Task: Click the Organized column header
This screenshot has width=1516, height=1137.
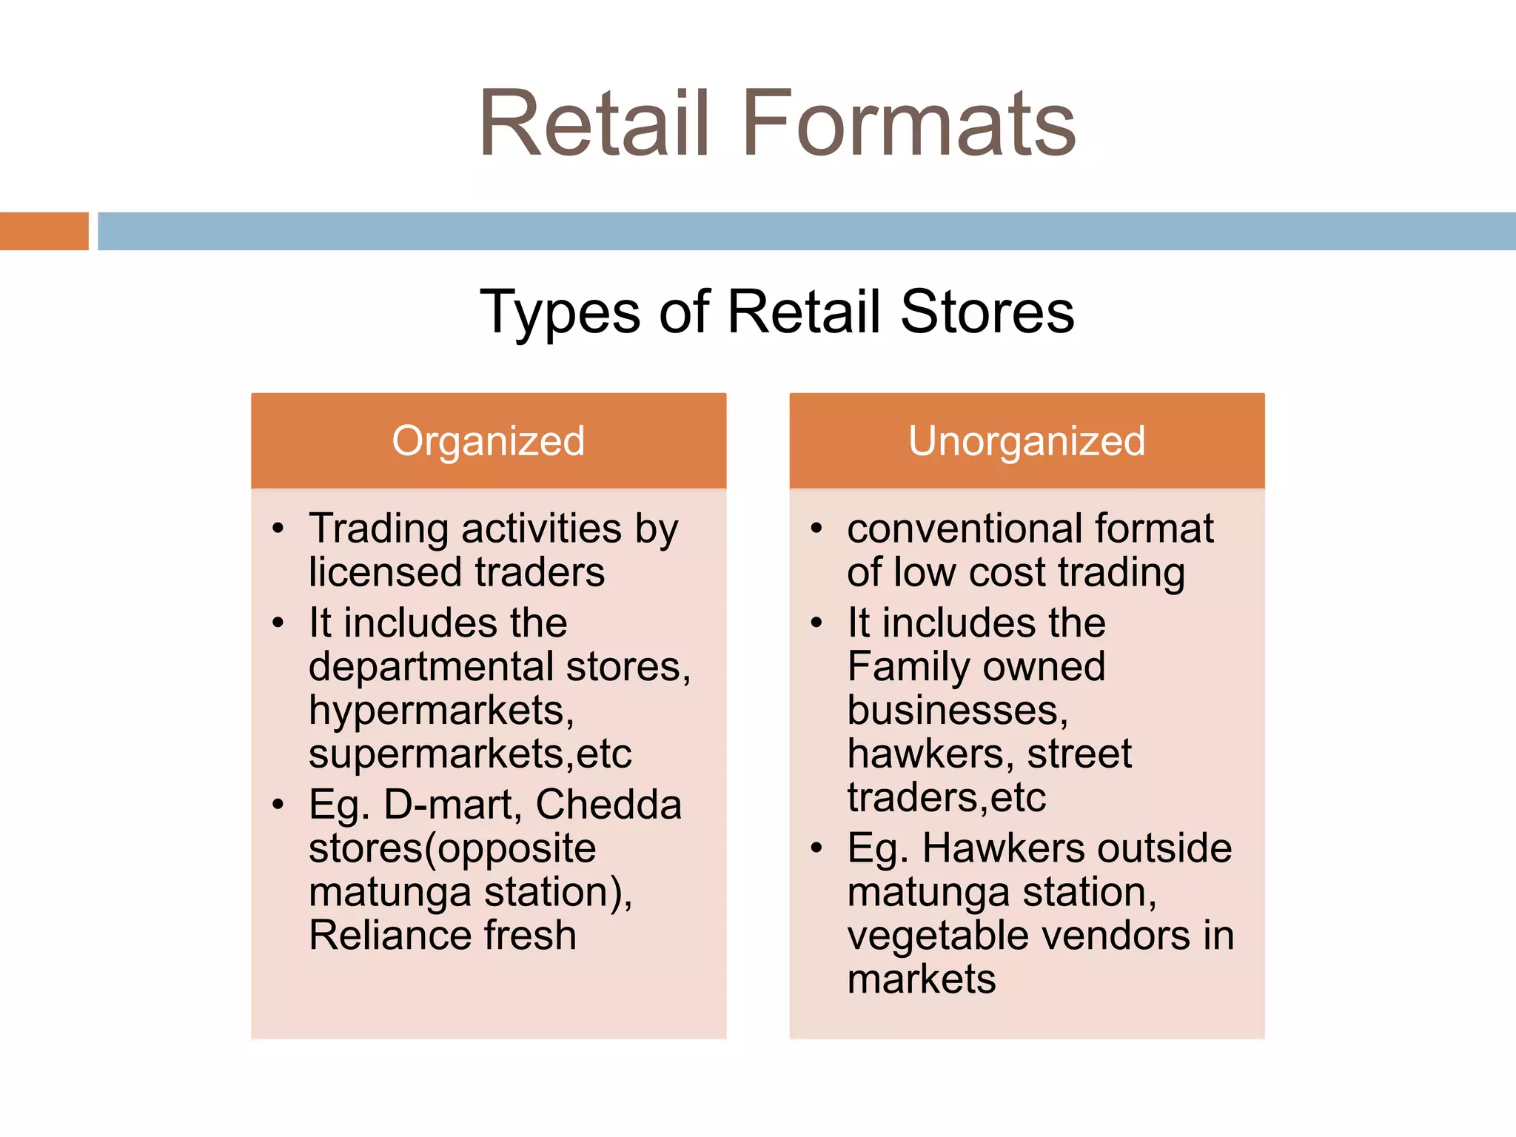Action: tap(489, 441)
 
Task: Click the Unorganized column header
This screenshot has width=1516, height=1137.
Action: tap(1027, 441)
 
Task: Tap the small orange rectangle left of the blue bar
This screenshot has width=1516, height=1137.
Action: tap(44, 231)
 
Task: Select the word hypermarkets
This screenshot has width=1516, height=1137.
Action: tap(441, 711)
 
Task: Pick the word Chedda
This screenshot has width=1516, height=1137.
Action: tap(608, 805)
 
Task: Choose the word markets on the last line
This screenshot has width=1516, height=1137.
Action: tap(922, 979)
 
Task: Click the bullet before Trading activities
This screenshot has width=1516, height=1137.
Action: tap(278, 529)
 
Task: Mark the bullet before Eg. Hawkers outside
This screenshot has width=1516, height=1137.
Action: tap(816, 848)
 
